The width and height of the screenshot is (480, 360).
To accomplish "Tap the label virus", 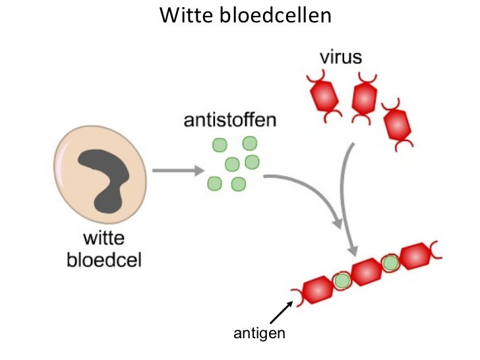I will point(341,56).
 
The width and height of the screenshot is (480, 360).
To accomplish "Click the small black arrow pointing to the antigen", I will point(282,313).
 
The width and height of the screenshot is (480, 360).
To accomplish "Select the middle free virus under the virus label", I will point(365,97).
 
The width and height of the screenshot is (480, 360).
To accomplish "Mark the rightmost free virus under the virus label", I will point(398,123).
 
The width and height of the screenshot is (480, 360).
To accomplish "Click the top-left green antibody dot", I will point(219,145).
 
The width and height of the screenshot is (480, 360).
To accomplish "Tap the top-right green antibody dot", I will point(250,142).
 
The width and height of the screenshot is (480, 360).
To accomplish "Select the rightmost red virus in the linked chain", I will point(416,256).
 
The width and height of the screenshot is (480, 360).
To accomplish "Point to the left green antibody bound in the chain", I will point(342,281).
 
